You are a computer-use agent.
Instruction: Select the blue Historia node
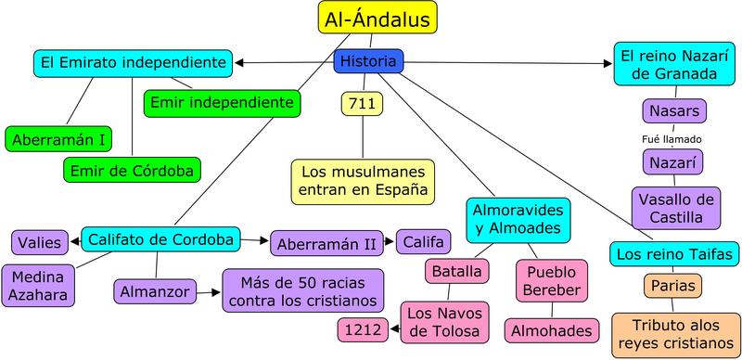click(368, 62)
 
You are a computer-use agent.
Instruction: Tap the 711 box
click(362, 104)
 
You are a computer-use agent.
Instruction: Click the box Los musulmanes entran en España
click(362, 182)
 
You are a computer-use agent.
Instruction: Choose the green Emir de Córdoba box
click(133, 171)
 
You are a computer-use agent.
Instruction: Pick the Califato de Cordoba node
click(160, 240)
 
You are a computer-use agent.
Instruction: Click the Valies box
click(40, 243)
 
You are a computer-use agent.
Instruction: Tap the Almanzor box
click(155, 291)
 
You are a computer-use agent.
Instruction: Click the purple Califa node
click(424, 243)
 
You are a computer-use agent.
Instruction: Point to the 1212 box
click(360, 328)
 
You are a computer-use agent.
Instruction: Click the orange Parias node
click(674, 285)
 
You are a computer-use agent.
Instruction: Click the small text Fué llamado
click(672, 139)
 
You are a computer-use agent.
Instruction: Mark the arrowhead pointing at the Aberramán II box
click(265, 241)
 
